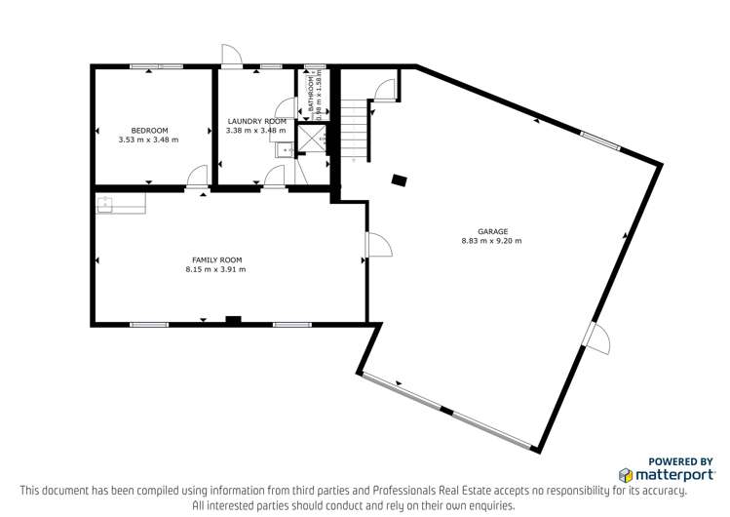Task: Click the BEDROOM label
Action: coord(150,130)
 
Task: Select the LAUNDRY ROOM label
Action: coord(255,121)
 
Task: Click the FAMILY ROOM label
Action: coord(215,259)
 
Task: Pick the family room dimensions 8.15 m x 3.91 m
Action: coord(215,269)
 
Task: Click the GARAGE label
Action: coord(491,231)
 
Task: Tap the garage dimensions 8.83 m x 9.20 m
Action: coord(491,241)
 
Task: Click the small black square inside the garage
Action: coord(399,179)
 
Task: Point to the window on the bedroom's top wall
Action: coord(157,66)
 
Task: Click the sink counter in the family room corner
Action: coord(119,204)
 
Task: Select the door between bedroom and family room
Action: coord(198,178)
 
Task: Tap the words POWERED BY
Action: coord(679,462)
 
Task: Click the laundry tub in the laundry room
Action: coord(282,149)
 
